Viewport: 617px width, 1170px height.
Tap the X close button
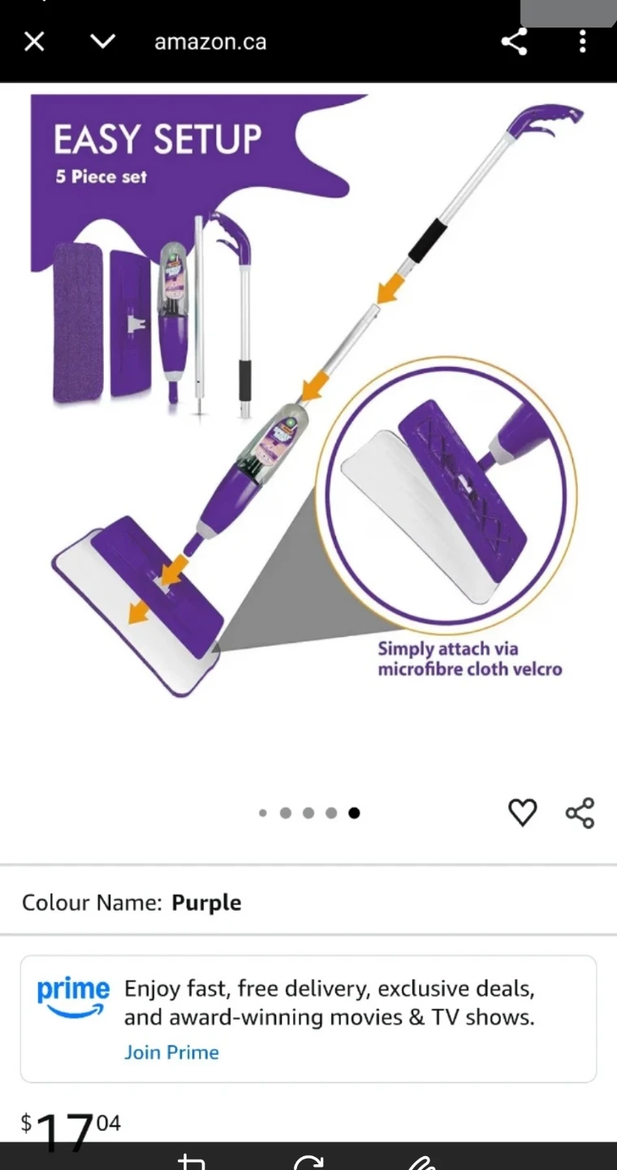34,41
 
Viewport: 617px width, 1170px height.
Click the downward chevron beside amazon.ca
102,41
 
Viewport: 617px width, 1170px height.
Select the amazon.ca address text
210,42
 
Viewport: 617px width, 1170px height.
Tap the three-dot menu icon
582,41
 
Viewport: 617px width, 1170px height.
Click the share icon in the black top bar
514,41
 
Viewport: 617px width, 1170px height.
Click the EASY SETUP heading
157,140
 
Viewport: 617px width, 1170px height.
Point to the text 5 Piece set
101,176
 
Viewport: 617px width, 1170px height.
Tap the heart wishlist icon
522,812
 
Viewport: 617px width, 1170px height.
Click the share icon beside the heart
580,812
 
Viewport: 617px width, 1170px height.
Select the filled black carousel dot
354,812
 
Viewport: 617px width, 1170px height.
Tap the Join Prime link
171,1052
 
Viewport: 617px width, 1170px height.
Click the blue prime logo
73,994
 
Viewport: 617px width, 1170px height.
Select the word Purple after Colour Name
206,903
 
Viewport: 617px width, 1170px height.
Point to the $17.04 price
71,1129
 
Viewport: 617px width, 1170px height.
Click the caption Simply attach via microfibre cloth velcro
469,659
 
